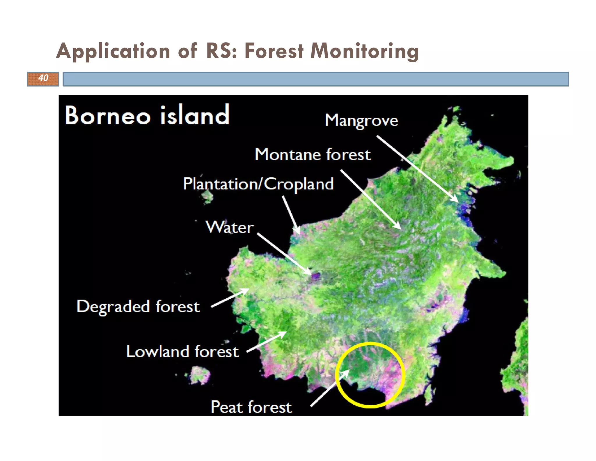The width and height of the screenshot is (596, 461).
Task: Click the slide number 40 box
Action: point(43,79)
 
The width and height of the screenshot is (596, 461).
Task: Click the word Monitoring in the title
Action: point(364,51)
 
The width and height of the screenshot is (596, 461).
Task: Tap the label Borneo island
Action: point(147,115)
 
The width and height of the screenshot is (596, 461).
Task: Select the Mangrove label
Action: point(361,120)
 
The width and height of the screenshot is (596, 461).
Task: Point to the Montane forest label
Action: point(313,154)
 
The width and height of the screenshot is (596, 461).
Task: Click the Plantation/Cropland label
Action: point(258,184)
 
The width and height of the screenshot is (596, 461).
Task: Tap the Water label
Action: point(230,227)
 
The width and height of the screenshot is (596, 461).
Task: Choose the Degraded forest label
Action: point(138,307)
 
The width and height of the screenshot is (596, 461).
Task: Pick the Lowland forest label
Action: point(182,351)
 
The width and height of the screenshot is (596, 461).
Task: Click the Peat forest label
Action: point(251,407)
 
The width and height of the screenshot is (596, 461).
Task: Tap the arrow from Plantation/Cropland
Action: point(291,214)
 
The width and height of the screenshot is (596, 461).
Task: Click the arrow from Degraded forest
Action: point(230,298)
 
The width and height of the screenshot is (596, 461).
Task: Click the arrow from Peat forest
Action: point(330,388)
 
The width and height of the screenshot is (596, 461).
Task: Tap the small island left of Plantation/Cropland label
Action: point(207,197)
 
